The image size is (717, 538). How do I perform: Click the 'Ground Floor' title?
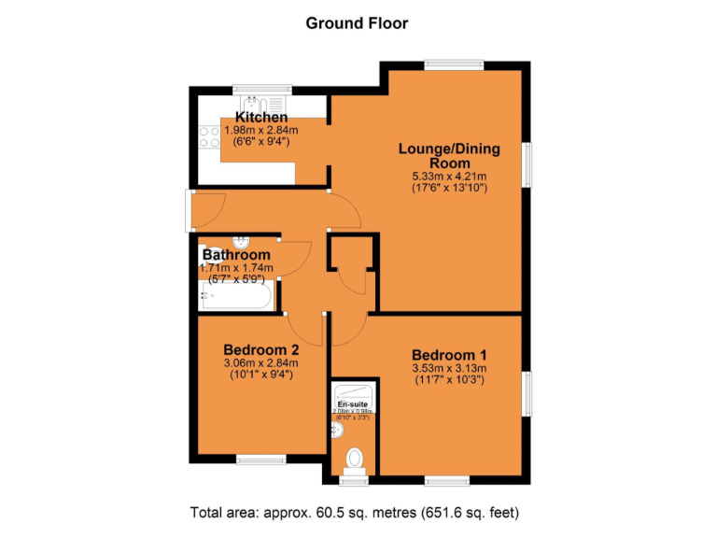pyautogui.click(x=357, y=23)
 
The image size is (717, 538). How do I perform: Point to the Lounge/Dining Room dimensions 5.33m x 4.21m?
pyautogui.click(x=449, y=176)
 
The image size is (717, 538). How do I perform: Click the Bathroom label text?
pyautogui.click(x=237, y=254)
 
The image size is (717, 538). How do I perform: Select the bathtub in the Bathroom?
pyautogui.click(x=236, y=298)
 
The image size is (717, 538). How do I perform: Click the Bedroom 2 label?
pyautogui.click(x=260, y=349)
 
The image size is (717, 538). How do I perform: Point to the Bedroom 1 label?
pyautogui.click(x=449, y=355)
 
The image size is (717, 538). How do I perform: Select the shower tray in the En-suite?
pyautogui.click(x=355, y=392)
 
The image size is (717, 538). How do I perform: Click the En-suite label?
pyautogui.click(x=353, y=403)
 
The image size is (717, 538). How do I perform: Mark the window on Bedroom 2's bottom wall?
pyautogui.click(x=260, y=459)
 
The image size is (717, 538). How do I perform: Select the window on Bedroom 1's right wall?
pyautogui.click(x=527, y=391)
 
